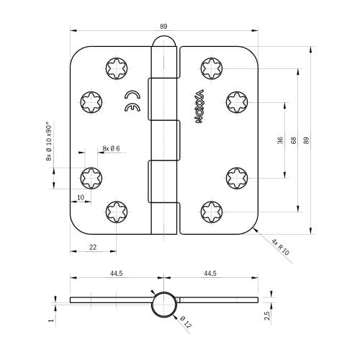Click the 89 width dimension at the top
click(163, 26)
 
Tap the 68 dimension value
click(293, 140)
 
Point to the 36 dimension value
click(280, 140)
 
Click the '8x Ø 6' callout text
click(111, 148)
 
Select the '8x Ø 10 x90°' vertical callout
click(49, 140)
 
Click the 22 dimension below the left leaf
click(93, 247)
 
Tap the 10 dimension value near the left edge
click(80, 197)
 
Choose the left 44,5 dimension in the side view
click(116, 273)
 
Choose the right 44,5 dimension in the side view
click(210, 273)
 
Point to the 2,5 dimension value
click(268, 314)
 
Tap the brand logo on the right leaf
click(200, 109)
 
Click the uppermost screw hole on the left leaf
click(116, 70)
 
